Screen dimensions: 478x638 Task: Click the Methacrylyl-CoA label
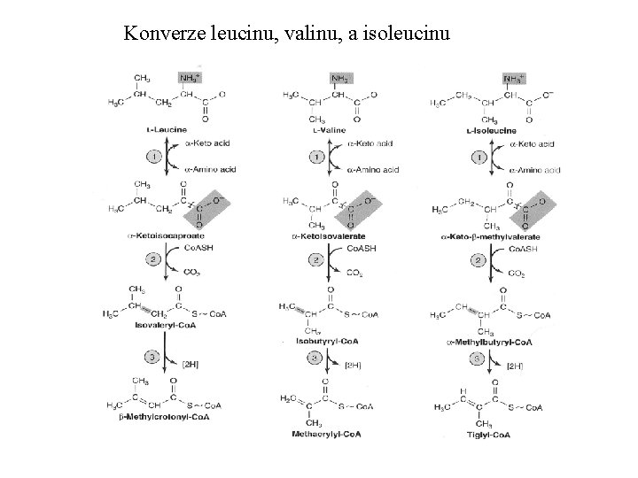coord(327,434)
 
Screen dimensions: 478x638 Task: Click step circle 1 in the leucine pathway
coord(153,156)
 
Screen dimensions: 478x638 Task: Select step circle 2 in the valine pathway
coord(315,260)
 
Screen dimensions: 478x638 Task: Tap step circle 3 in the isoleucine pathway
coord(479,358)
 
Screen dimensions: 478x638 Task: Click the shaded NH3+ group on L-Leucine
coord(190,79)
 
